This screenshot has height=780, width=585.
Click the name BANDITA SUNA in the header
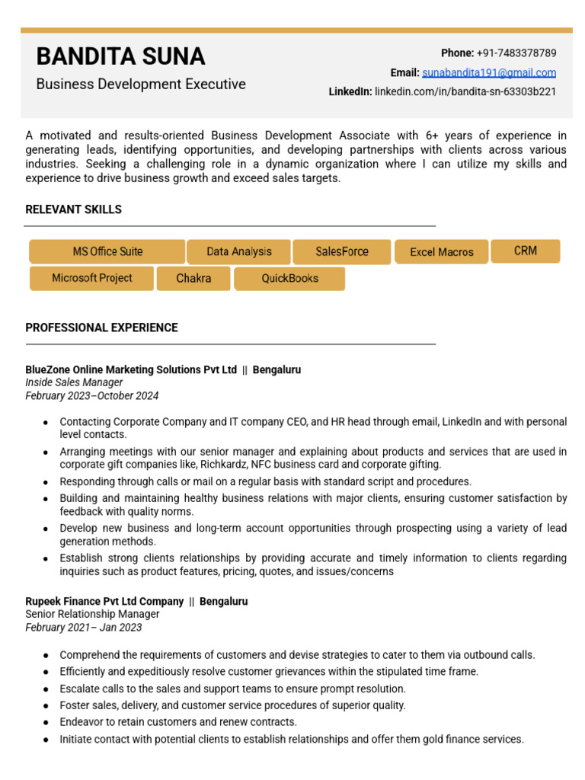[x=120, y=56]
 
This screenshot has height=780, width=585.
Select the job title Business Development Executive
[x=141, y=85]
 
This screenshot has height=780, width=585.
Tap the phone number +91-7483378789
[x=516, y=53]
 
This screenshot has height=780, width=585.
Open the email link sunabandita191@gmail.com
[x=488, y=73]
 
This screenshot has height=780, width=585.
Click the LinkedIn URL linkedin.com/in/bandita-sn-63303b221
[x=465, y=92]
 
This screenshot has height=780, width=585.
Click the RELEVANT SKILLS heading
[x=73, y=209]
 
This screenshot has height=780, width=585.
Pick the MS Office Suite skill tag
[x=107, y=252]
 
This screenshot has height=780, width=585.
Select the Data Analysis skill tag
[x=238, y=252]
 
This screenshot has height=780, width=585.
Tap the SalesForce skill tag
[x=341, y=252]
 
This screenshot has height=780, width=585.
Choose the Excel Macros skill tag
[x=441, y=252]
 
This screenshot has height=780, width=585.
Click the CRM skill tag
[x=525, y=251]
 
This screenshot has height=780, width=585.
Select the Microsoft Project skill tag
[x=91, y=279]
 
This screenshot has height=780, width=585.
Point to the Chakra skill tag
[x=193, y=279]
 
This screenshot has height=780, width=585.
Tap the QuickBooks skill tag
[x=289, y=279]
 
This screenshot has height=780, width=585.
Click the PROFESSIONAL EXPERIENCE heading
[x=101, y=328]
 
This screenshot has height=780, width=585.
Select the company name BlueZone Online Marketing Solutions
[x=131, y=370]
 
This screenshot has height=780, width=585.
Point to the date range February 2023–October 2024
[x=91, y=396]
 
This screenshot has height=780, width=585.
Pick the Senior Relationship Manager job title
[x=92, y=615]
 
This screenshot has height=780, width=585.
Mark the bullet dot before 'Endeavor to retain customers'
[x=46, y=723]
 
